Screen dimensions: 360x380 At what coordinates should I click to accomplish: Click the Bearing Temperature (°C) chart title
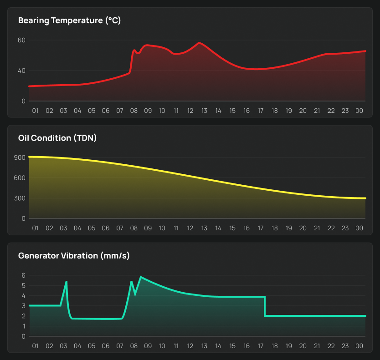69,20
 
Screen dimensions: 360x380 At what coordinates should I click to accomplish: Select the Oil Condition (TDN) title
57,138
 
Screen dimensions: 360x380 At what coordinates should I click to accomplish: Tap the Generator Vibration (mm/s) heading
74,256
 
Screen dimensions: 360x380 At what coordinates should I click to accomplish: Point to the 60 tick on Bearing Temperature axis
21,40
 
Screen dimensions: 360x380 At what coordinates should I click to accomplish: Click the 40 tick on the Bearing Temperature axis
21,71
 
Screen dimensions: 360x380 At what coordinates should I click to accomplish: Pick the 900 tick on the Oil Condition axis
20,157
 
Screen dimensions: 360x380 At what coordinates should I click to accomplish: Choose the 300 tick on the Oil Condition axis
20,198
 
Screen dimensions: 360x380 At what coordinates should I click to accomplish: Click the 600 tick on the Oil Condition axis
20,178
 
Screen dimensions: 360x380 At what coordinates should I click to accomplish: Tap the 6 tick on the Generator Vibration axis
23,275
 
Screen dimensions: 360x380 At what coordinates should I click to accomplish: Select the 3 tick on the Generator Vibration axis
23,306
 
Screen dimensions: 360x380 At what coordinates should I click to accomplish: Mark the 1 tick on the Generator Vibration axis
23,326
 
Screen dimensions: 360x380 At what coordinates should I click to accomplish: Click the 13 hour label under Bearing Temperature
204,111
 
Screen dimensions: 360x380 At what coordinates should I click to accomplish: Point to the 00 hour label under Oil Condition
359,228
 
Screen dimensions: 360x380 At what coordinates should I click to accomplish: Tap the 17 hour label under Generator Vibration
261,346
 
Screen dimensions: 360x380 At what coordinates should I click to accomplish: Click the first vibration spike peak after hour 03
67,282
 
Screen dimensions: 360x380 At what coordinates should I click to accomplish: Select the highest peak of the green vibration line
141,277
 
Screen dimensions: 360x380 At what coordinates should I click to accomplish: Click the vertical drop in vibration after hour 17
265,306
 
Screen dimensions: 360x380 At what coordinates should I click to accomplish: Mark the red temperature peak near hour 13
200,43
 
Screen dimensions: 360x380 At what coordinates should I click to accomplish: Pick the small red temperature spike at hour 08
134,50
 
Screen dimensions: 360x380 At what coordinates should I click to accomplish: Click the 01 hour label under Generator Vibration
35,346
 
